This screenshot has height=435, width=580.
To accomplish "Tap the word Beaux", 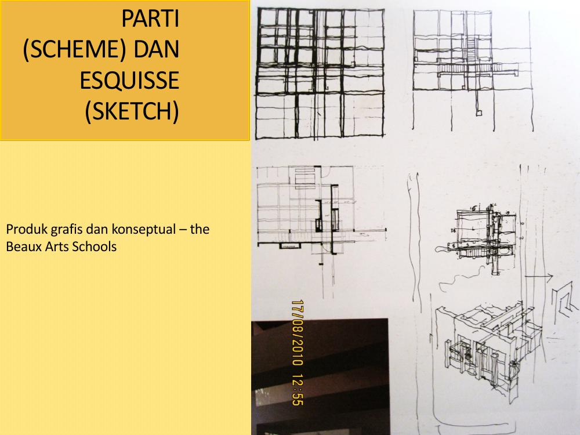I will pyautogui.click(x=21, y=246).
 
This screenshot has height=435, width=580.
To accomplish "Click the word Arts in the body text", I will pyautogui.click(x=55, y=246).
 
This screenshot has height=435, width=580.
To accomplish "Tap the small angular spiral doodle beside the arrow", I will pyautogui.click(x=563, y=299).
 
